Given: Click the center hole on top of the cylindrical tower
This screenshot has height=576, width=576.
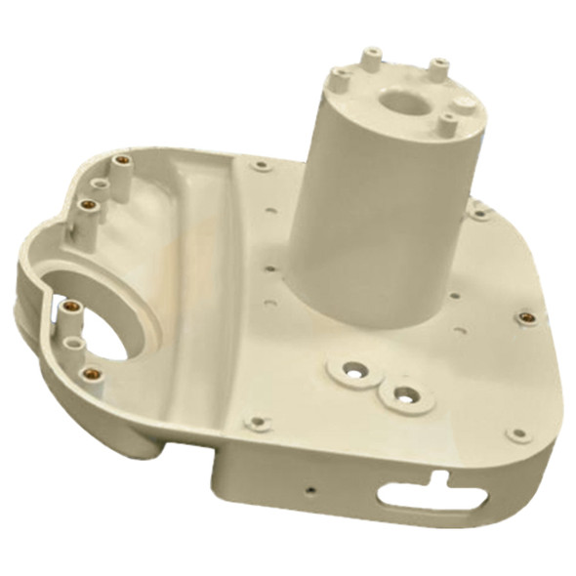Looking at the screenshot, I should pyautogui.click(x=398, y=102).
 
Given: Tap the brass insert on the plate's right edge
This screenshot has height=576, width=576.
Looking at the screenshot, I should pyautogui.click(x=525, y=318).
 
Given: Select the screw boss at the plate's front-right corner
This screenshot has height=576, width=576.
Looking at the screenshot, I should pyautogui.click(x=517, y=433).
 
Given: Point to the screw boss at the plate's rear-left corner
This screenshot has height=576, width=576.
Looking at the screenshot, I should pyautogui.click(x=260, y=166).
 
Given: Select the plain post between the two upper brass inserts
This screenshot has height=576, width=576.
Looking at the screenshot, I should pyautogui.click(x=101, y=183).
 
